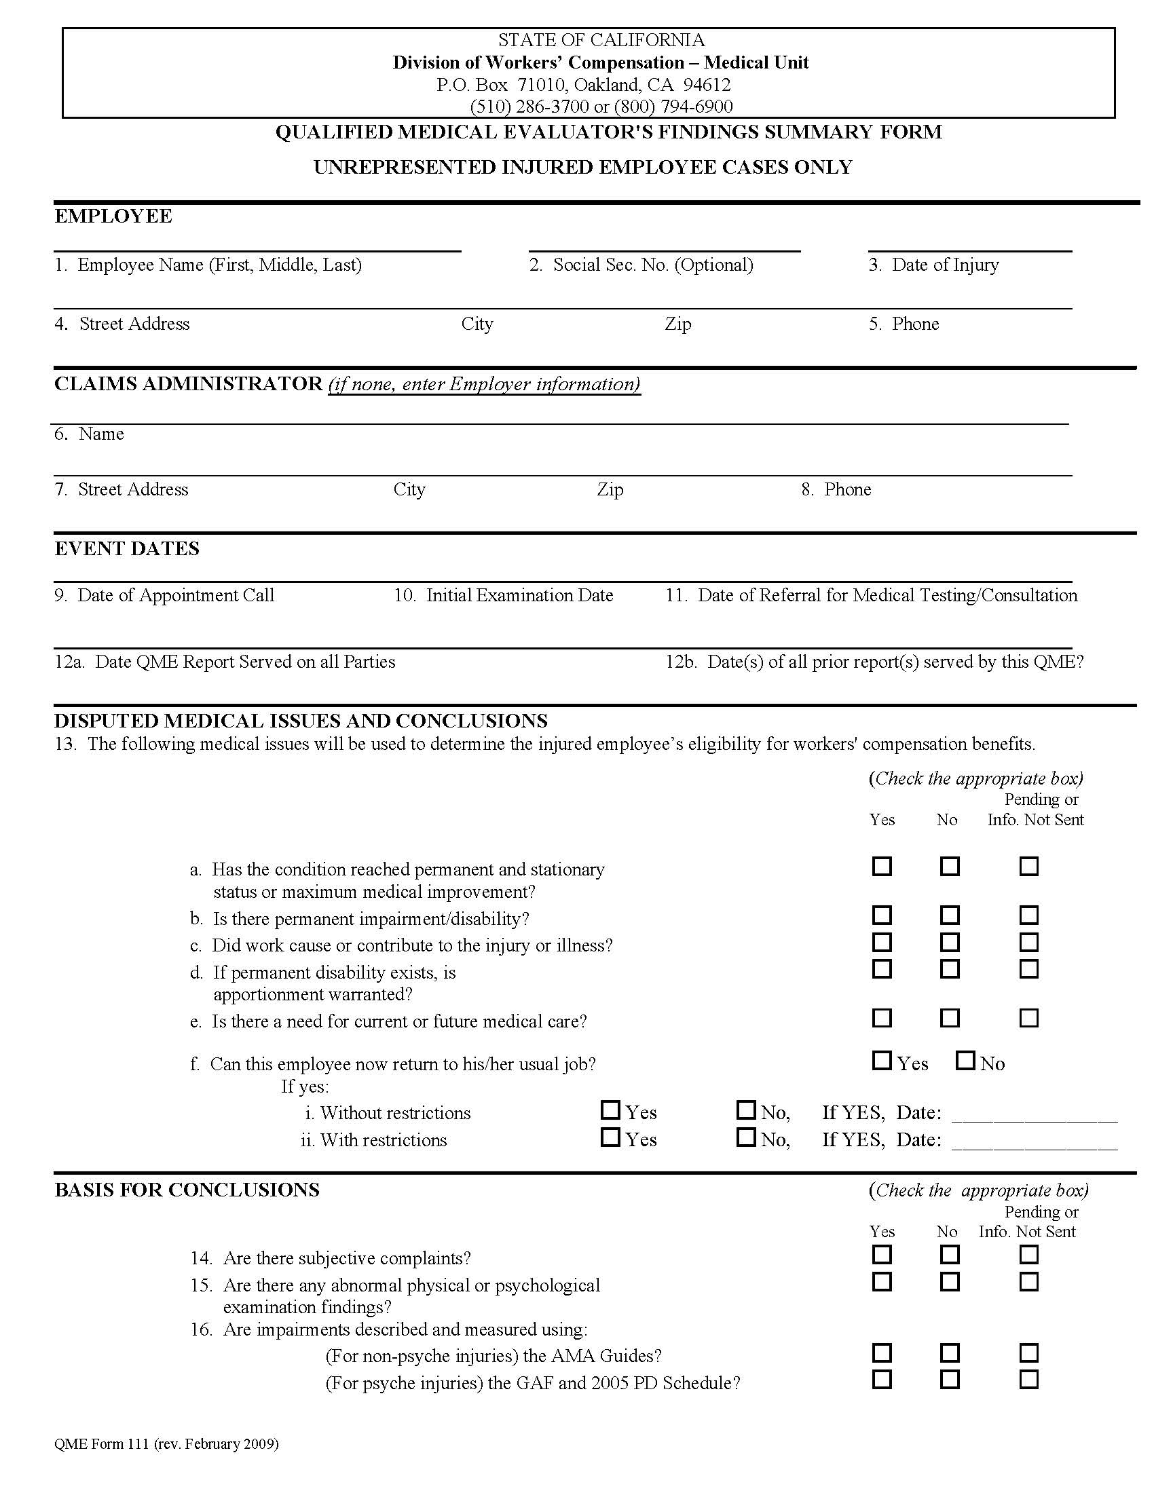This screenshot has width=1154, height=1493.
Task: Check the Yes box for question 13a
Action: pos(882,866)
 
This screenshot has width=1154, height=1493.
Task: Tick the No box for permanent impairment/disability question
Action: pos(950,915)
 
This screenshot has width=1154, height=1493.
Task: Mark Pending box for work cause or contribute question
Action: pos(1028,942)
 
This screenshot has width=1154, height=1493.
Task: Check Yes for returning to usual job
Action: pos(882,1060)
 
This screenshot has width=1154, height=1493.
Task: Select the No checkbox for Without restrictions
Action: pos(746,1110)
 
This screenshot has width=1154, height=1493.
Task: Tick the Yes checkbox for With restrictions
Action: pos(610,1137)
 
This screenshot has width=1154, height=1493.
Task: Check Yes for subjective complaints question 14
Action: pos(882,1254)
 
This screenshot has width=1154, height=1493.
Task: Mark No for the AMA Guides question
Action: pos(950,1353)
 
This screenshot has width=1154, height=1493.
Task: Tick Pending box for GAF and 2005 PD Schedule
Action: pos(1028,1380)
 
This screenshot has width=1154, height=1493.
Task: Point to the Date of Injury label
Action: pos(934,265)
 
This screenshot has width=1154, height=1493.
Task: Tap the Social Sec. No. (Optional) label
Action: pos(641,265)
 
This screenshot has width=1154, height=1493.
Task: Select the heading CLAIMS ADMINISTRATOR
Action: pos(188,383)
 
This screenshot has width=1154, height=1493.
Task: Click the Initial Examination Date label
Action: pos(504,595)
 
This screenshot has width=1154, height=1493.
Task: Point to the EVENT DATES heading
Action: pos(127,548)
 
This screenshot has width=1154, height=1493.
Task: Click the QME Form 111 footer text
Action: pos(166,1443)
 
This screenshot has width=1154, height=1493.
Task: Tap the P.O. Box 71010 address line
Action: pos(583,85)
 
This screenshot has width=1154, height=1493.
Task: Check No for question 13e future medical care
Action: pos(950,1018)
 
